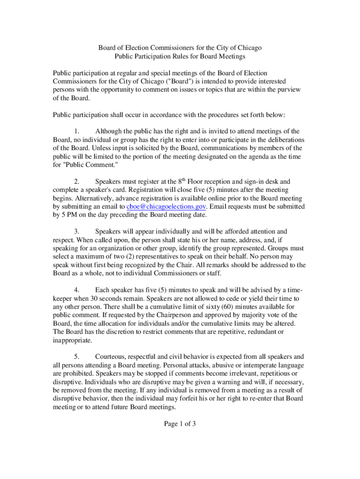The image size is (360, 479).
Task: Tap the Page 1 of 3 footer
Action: click(180, 424)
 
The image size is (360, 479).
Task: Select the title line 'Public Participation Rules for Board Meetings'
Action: click(180, 56)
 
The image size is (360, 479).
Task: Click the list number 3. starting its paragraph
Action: click(78, 231)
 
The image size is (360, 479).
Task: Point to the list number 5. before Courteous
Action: click(78, 356)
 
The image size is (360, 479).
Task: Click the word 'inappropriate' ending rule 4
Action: click(72, 340)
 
